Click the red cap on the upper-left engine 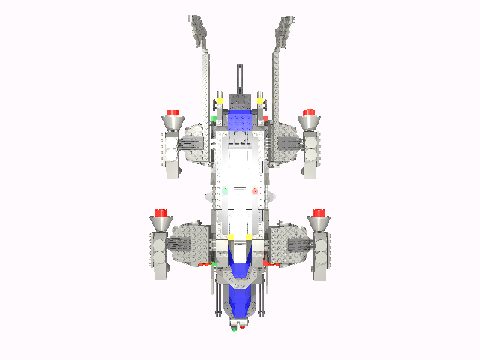click(173, 112)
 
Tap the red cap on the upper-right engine click(307, 112)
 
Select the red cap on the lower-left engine click(160, 213)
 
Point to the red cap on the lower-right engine click(320, 213)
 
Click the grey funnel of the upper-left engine click(172, 122)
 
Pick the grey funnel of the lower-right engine click(320, 223)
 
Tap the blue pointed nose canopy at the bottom click(241, 289)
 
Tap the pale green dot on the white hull click(223, 191)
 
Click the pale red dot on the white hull click(255, 191)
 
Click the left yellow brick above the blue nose click(230, 238)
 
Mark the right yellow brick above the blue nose click(250, 238)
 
